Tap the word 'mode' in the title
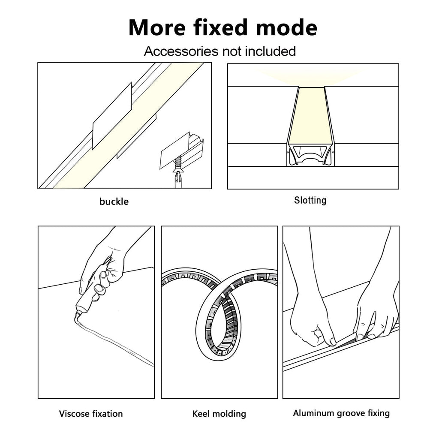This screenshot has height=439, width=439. pyautogui.click(x=286, y=27)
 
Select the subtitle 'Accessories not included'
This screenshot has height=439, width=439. pyautogui.click(x=219, y=51)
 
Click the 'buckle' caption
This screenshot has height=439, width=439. pyautogui.click(x=114, y=201)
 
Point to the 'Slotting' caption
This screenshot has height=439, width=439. pyautogui.click(x=310, y=200)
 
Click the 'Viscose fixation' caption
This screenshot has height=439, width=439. pyautogui.click(x=91, y=414)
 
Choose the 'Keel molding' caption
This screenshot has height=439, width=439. pyautogui.click(x=219, y=414)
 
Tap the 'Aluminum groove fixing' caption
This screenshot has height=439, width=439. pyautogui.click(x=341, y=413)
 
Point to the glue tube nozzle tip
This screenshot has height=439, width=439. pyautogui.click(x=77, y=316)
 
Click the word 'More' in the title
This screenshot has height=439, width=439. pyautogui.click(x=157, y=27)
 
